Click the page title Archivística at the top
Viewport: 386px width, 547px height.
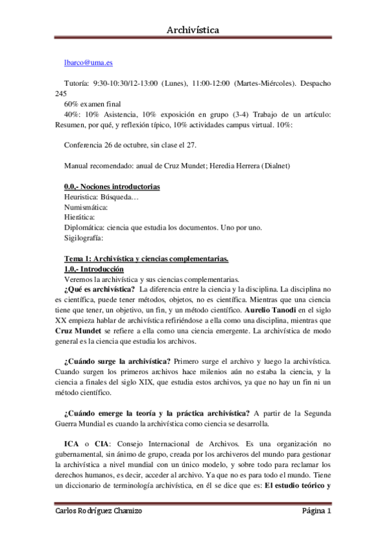pyautogui.click(x=193, y=30)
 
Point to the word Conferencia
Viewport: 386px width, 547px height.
pyautogui.click(x=86, y=145)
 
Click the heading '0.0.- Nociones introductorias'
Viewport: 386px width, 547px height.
pyautogui.click(x=112, y=186)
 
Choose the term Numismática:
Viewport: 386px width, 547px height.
pyautogui.click(x=86, y=207)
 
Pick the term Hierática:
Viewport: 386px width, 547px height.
pyautogui.click(x=80, y=217)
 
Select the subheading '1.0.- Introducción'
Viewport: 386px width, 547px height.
pyautogui.click(x=94, y=269)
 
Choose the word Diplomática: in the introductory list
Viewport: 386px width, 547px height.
pyautogui.click(x=88, y=228)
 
